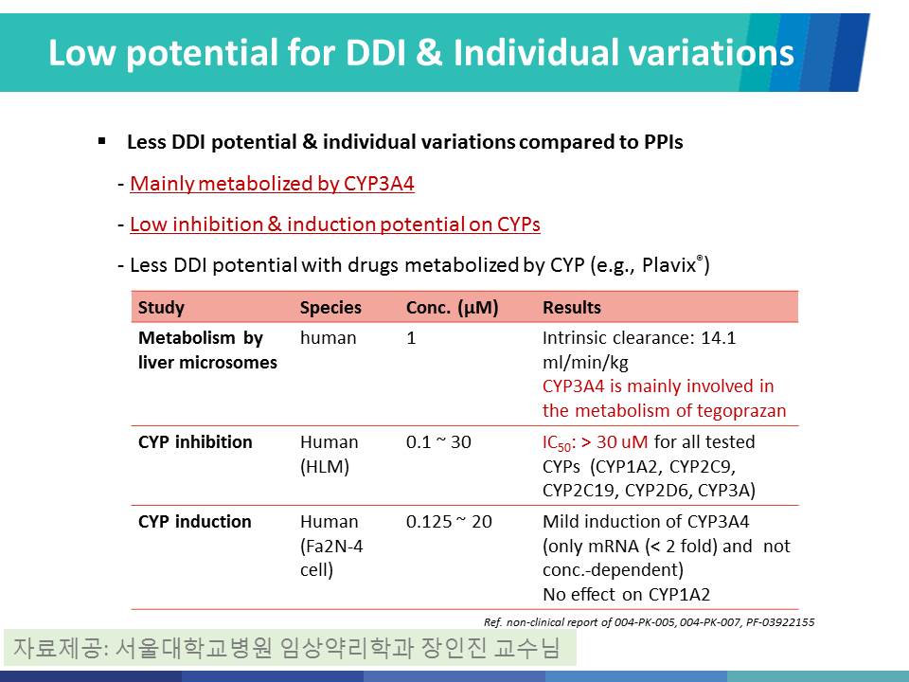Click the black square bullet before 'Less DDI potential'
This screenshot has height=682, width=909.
pos(102,141)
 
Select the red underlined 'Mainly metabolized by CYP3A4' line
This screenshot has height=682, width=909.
pos(272,184)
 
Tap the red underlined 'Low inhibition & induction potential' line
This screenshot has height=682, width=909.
pos(335,224)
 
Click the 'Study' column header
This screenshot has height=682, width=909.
pos(161,307)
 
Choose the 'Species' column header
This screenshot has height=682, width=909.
pos(330,307)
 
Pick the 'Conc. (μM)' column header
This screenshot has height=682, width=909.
pos(453,307)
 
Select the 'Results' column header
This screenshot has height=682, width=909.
pos(572,307)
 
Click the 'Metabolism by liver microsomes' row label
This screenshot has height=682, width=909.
pos(207,350)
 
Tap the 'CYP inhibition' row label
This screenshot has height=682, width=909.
pos(195,442)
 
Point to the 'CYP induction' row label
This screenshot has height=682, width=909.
pos(195,521)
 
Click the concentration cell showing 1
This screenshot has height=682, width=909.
pos(411,338)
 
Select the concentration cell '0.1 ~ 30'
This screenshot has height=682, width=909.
pos(438,442)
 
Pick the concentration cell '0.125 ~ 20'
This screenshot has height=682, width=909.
pos(449,521)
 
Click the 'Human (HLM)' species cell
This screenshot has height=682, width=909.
pos(329,454)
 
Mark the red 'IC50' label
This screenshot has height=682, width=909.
pos(557,443)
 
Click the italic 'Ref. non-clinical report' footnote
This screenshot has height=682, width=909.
pos(649,622)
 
